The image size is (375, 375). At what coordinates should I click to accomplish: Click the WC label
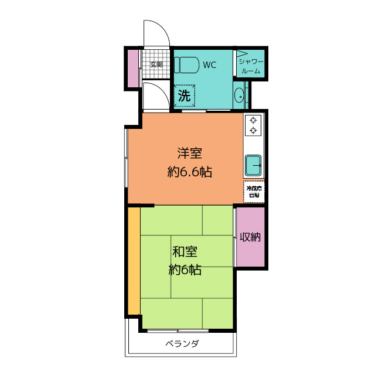[210, 65]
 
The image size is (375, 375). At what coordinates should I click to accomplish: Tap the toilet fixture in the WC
[186, 64]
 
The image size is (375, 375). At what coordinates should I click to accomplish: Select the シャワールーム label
[251, 65]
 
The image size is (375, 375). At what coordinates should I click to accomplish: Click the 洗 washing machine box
[185, 96]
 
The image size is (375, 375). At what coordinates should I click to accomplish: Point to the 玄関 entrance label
[156, 64]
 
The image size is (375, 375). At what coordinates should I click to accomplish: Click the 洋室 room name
[190, 154]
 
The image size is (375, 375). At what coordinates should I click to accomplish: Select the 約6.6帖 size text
[189, 172]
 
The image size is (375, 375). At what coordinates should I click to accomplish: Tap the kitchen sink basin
[254, 165]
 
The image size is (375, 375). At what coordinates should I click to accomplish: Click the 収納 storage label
[250, 237]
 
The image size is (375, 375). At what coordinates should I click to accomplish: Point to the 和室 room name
[185, 253]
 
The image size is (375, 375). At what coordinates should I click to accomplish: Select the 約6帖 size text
[185, 270]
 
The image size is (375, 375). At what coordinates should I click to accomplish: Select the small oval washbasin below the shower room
[239, 96]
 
